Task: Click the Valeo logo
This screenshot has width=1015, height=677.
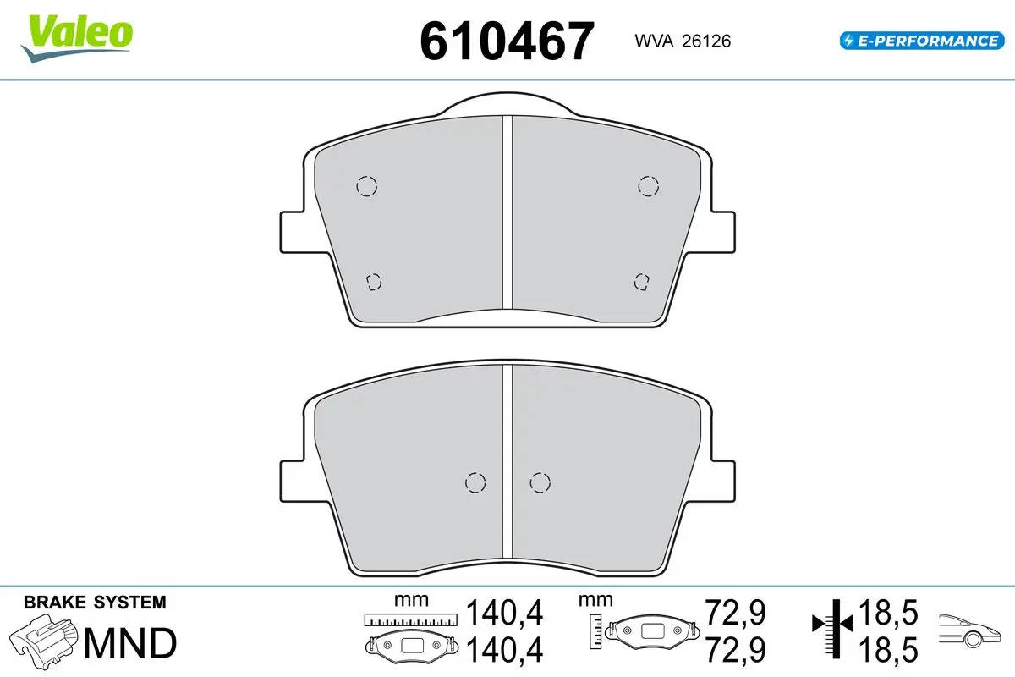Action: [77, 39]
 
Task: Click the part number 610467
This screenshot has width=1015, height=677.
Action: [507, 41]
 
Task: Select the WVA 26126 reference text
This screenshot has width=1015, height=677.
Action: [683, 41]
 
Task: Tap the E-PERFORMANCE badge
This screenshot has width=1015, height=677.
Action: [922, 41]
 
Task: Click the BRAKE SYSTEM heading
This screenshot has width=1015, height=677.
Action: [95, 603]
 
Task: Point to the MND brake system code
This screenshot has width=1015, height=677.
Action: [130, 642]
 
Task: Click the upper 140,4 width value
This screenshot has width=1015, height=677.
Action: [504, 613]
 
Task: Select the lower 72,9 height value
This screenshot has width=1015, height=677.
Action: [736, 650]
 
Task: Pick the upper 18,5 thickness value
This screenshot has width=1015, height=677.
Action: [889, 613]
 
